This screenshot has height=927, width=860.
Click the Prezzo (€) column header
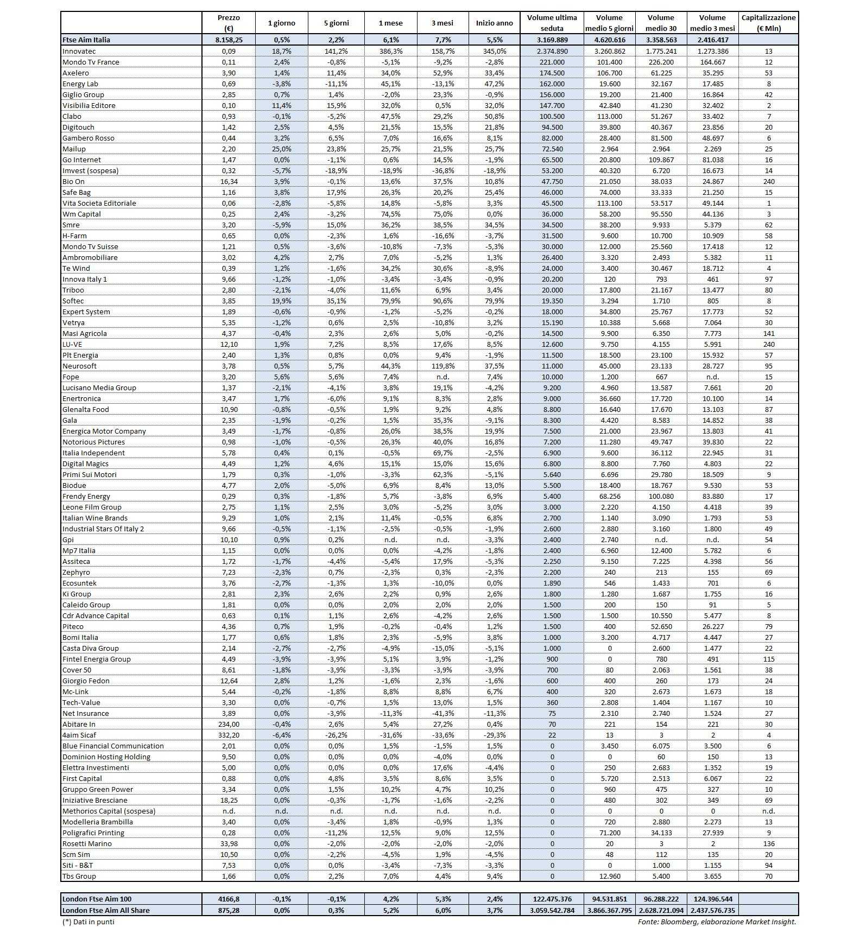[228, 23]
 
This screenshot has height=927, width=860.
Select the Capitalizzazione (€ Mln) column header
[768, 23]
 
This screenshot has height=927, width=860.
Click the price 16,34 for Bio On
[228, 181]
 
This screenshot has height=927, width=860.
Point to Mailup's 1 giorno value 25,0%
[282, 149]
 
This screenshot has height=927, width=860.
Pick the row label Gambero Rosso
[88, 138]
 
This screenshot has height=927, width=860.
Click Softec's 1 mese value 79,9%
[390, 301]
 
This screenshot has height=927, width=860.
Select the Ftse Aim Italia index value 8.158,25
[228, 40]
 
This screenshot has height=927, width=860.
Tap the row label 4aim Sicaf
[79, 735]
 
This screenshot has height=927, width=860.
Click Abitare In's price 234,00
[228, 724]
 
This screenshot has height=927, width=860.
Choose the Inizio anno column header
[494, 23]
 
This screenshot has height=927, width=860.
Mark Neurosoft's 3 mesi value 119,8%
[442, 366]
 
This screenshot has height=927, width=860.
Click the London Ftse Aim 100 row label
[97, 899]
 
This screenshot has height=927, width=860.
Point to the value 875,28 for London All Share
[228, 910]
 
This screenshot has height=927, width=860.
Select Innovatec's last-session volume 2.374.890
[552, 51]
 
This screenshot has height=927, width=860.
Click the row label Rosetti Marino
[87, 843]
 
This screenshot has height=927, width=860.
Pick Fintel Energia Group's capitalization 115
[768, 659]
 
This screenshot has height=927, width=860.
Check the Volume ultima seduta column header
[552, 23]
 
